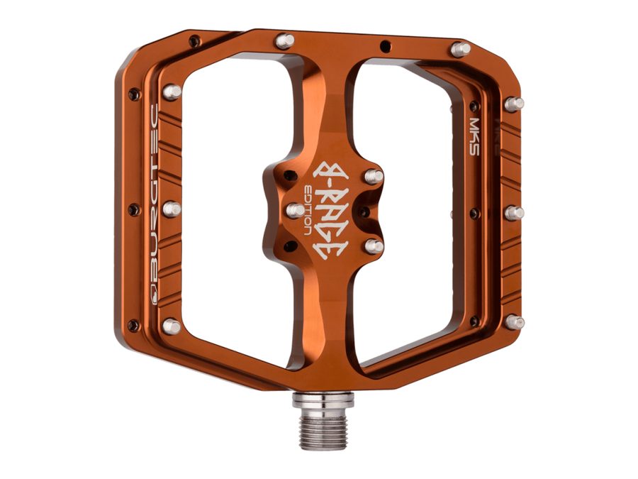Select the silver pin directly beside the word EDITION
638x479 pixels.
pos(295,210)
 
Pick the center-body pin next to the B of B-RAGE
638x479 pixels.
pos(373,176)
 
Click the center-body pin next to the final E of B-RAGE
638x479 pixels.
pos(374,246)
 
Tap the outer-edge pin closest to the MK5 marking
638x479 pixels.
pos(514,104)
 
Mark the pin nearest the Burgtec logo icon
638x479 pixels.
pos(171,326)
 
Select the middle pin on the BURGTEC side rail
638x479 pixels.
pos(172,209)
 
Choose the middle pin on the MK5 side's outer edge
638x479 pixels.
pos(515,212)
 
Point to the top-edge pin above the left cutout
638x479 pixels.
pos(284,41)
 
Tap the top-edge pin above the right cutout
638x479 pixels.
pos(460,49)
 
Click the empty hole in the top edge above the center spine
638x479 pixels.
pos(384,47)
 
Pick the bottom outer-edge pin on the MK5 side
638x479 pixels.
pos(515,321)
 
